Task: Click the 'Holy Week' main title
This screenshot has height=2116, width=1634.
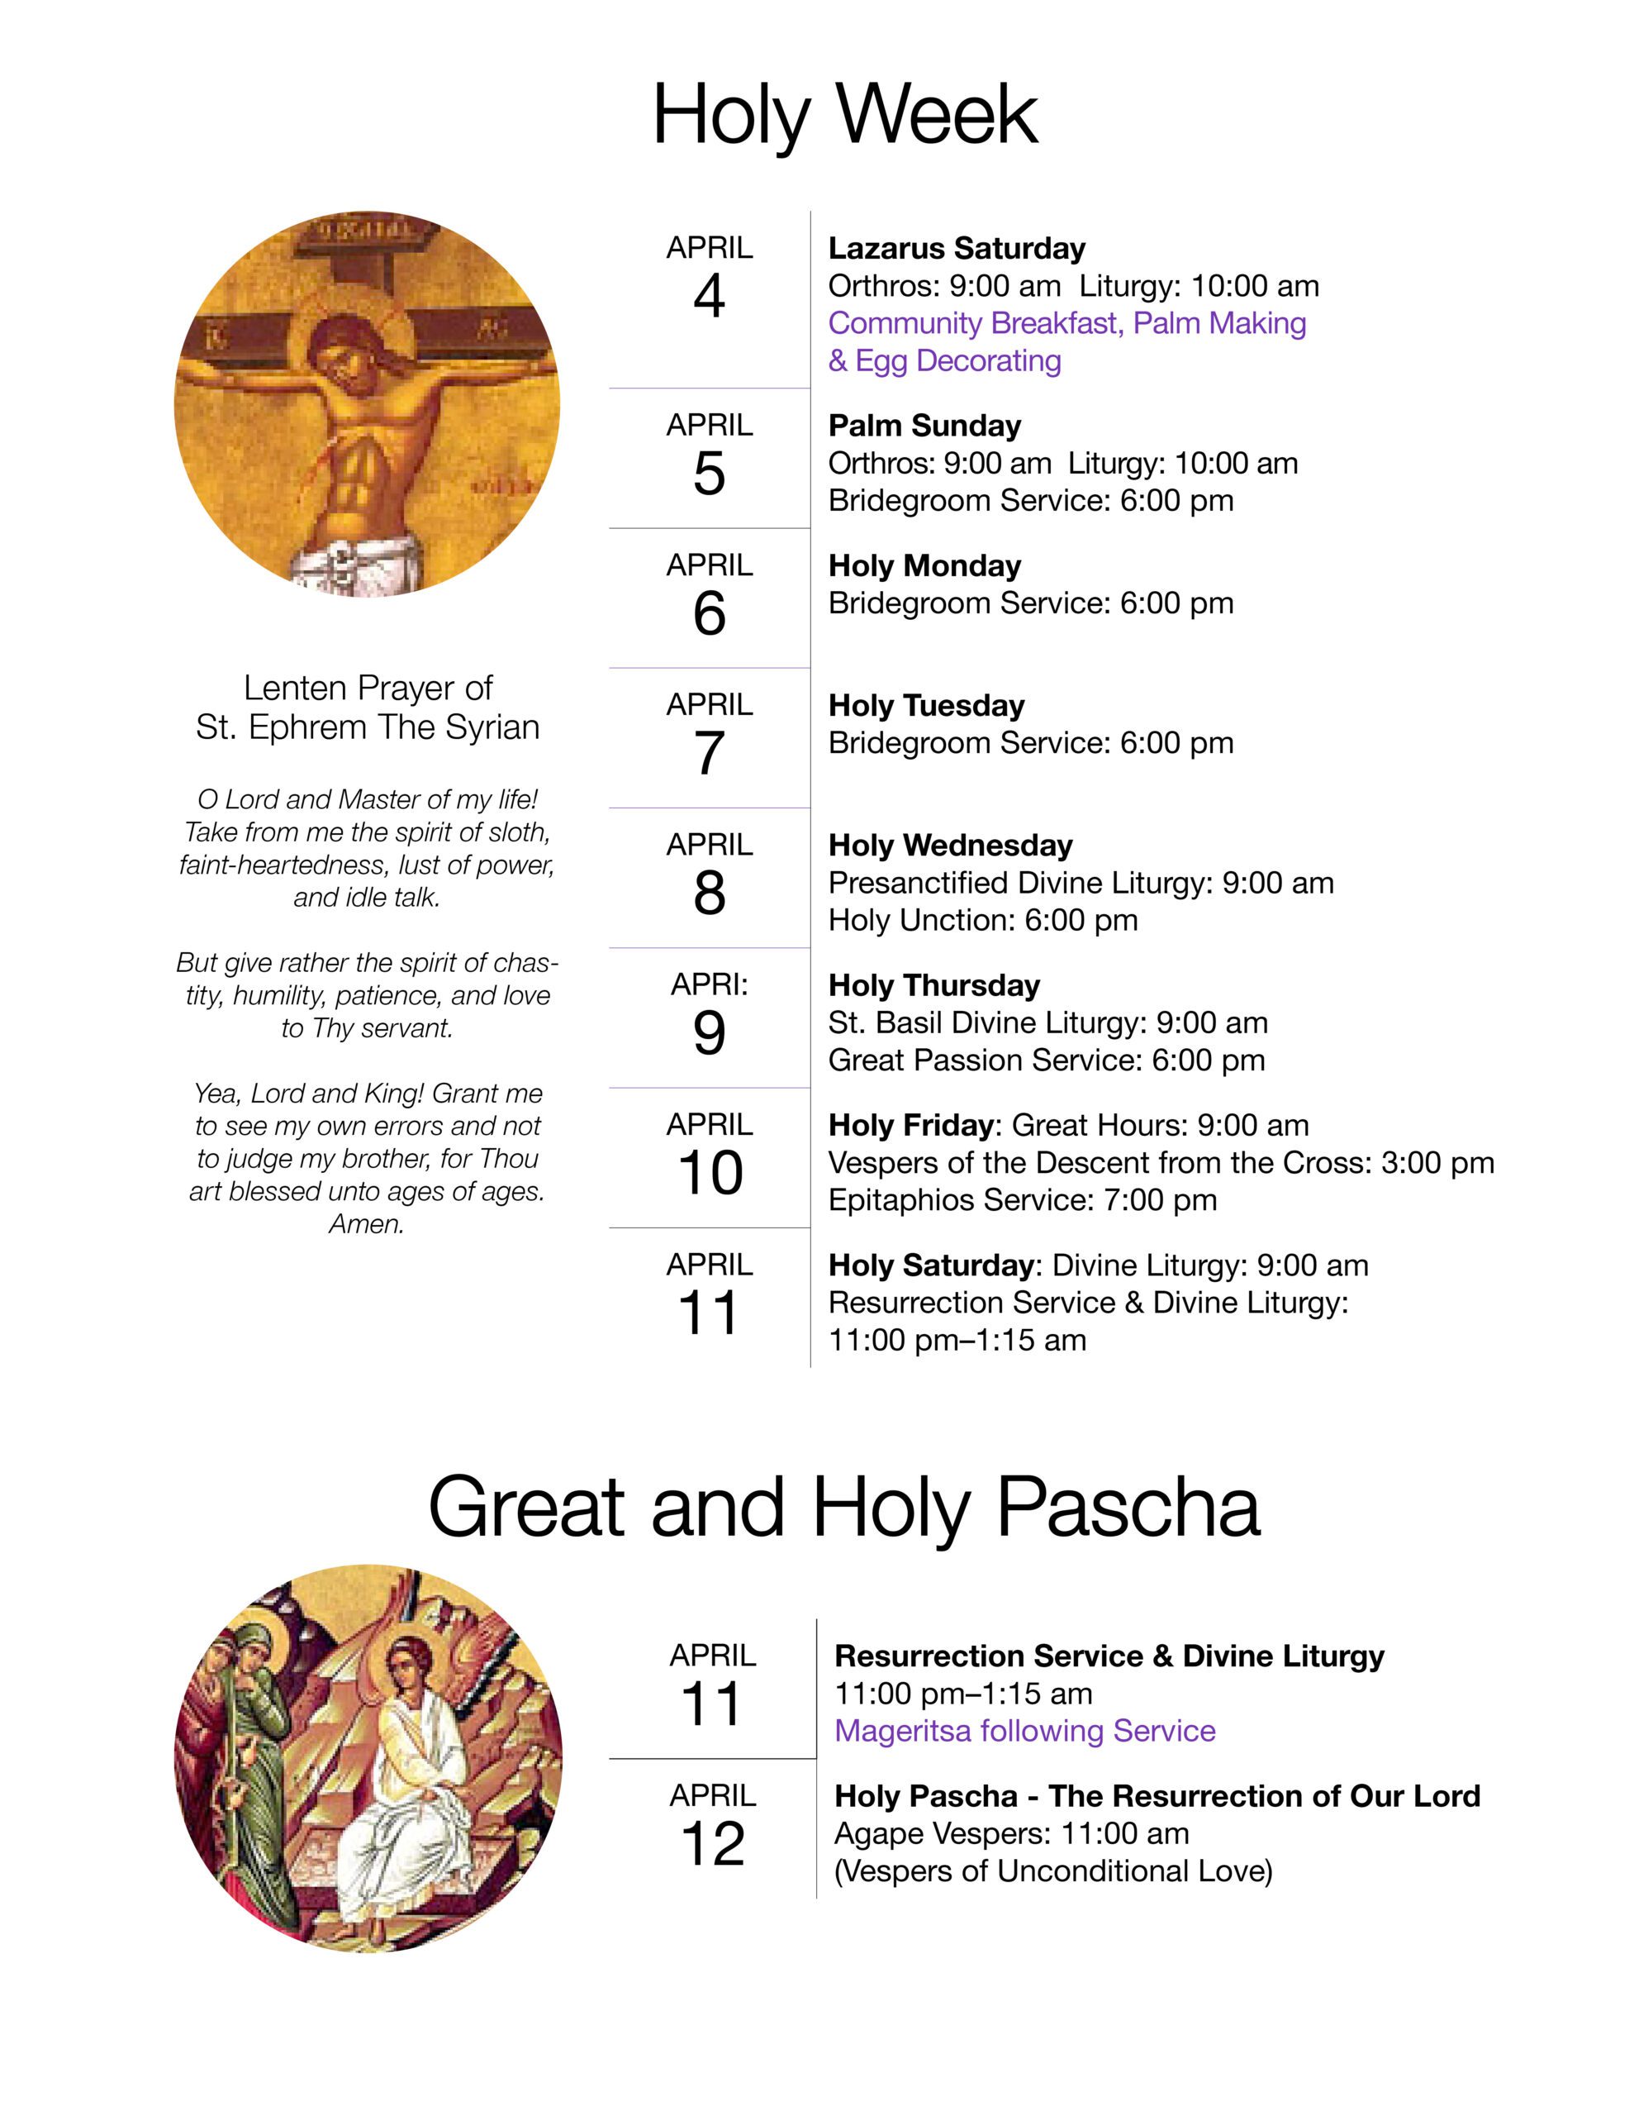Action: click(x=844, y=114)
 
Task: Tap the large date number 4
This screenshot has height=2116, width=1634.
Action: click(x=709, y=297)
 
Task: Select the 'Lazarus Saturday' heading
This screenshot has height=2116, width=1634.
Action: click(x=956, y=248)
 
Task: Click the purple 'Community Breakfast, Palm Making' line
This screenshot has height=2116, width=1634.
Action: click(x=1066, y=322)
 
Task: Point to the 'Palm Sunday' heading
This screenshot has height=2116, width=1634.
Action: click(x=924, y=426)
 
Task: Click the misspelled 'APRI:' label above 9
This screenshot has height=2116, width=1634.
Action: click(x=709, y=984)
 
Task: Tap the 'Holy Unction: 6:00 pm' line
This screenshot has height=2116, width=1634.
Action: click(x=982, y=919)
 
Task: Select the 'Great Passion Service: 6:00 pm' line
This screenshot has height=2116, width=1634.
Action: click(x=1046, y=1060)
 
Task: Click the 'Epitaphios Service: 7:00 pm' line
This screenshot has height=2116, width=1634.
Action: click(x=1022, y=1199)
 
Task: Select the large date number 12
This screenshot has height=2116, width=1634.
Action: click(x=712, y=1844)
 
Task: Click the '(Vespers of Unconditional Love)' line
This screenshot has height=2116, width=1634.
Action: click(x=1053, y=1871)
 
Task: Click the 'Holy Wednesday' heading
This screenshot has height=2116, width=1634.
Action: click(x=949, y=845)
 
